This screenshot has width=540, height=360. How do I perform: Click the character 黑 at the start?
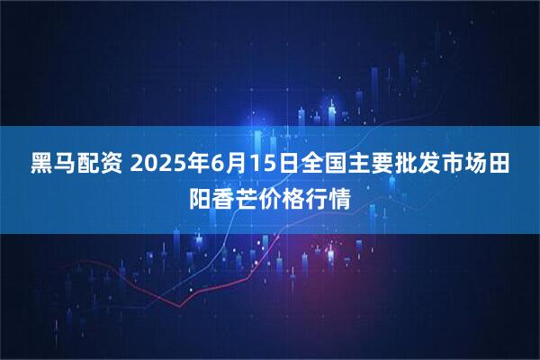click(x=41, y=165)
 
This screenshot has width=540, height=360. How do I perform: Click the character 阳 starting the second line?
click(x=199, y=194)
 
